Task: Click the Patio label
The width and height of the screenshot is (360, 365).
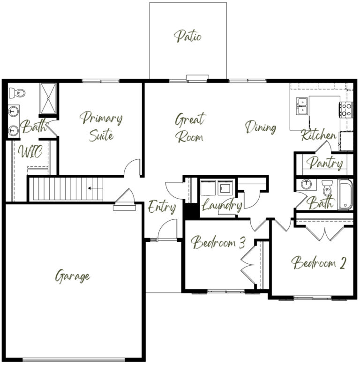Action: pos(187,36)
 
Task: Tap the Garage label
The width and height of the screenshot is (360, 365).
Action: pos(72,276)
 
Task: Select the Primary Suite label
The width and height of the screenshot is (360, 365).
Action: pos(101,127)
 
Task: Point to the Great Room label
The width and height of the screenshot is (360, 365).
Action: pos(190,127)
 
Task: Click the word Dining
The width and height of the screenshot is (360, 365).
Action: pos(261,127)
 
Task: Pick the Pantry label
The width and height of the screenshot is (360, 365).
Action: pos(324,163)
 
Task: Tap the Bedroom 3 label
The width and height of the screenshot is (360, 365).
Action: pos(218,242)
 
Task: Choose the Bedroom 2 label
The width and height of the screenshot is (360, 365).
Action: pos(318,262)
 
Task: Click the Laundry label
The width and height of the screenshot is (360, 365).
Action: pos(222,205)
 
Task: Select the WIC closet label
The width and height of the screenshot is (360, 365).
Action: pos(30,151)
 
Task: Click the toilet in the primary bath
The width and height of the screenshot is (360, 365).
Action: pos(17,93)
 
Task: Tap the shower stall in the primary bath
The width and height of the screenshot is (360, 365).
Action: pos(48,98)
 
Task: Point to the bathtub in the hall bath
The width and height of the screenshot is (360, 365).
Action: pos(345,194)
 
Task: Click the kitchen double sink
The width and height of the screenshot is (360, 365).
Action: pos(302,106)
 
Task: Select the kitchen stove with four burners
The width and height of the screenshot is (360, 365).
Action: pos(346,110)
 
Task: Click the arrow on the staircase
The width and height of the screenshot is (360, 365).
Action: pos(95,188)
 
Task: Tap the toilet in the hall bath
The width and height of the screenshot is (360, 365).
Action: pos(327,188)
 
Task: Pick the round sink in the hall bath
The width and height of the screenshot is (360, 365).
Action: pos(306,184)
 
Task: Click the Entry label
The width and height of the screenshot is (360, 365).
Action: pos(162,207)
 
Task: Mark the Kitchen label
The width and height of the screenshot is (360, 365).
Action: pos(319,135)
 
